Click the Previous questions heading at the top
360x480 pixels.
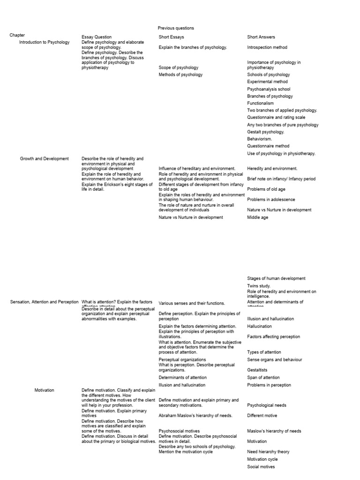(x=176, y=28)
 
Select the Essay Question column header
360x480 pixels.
(x=97, y=37)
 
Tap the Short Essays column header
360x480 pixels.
(x=172, y=37)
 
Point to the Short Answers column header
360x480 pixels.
(x=261, y=37)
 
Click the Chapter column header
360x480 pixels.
(x=17, y=35)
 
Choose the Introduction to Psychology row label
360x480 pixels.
(x=44, y=42)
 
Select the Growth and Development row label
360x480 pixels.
(x=44, y=159)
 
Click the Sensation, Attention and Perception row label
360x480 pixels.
(x=45, y=302)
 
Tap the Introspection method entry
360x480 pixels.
(x=267, y=47)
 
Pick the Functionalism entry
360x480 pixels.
(x=261, y=103)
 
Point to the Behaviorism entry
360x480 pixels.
(x=260, y=139)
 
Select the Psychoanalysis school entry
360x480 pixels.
(x=269, y=89)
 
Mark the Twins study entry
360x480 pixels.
(x=259, y=285)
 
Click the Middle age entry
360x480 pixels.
(x=258, y=217)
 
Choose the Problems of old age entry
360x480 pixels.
(x=266, y=189)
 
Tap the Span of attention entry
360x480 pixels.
(x=263, y=377)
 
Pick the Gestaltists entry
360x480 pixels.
(x=258, y=370)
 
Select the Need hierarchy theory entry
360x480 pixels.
(x=268, y=452)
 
